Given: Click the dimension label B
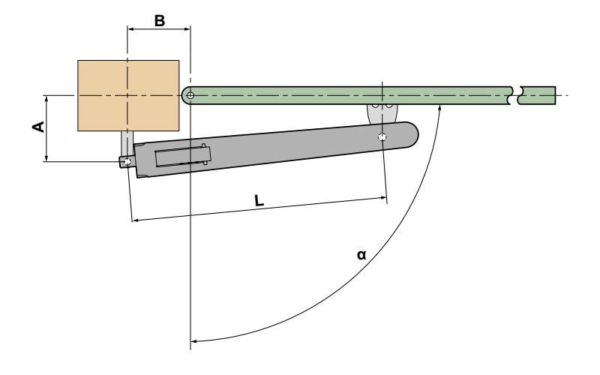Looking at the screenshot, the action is [160, 21].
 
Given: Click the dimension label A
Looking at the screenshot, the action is [39, 127].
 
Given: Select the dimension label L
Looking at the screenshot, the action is [259, 200].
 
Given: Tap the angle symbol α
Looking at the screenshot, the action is [361, 255].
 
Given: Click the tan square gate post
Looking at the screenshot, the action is [128, 96].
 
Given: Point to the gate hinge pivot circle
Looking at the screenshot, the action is [190, 95].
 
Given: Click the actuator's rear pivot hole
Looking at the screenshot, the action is [127, 162].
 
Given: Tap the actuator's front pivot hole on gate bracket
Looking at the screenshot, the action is [382, 136].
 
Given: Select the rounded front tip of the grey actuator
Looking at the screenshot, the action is [412, 134].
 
